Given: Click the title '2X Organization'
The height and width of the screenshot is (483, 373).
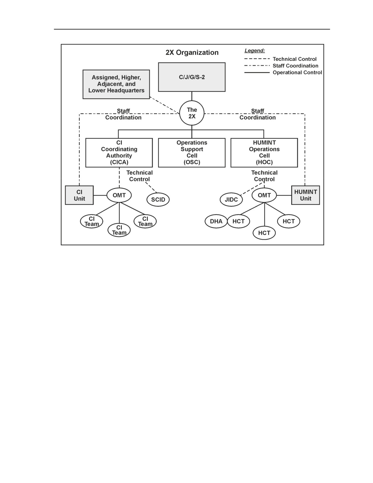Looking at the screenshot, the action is tap(192, 52).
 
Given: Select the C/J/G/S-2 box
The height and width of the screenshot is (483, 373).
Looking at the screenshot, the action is tap(192, 77).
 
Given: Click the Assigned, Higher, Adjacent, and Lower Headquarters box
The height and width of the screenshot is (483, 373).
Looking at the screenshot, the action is tap(116, 84).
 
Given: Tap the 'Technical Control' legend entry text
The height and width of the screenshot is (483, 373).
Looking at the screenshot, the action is tap(295, 59).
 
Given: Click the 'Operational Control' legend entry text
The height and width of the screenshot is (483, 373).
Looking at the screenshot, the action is tap(297, 73).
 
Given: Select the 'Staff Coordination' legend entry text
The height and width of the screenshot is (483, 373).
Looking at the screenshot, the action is tap(295, 66).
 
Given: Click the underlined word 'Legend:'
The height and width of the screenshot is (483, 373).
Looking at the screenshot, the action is tap(255, 51).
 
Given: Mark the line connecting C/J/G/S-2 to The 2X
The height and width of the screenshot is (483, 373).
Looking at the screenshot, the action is tap(192, 96).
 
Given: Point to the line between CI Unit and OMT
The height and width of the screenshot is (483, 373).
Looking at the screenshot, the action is tap(100, 195).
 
